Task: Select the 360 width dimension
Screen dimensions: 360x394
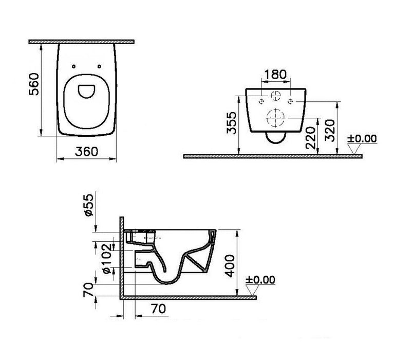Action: point(85,152)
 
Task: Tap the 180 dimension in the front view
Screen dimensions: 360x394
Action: point(275,74)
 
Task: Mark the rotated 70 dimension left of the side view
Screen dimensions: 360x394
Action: point(89,291)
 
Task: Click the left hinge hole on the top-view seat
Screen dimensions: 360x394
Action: point(74,66)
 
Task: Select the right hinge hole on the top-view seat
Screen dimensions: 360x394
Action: point(98,66)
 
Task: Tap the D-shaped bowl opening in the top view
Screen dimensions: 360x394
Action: point(85,91)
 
